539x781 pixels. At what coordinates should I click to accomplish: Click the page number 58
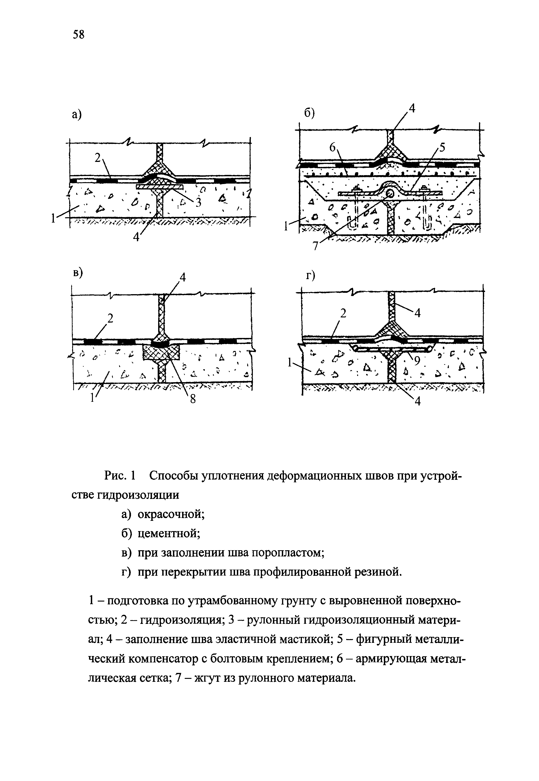point(78,34)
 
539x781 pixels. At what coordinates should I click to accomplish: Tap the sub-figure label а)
point(77,115)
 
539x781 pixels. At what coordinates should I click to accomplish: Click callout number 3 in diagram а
point(198,202)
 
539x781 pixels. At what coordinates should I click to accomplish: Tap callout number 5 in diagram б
point(442,148)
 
